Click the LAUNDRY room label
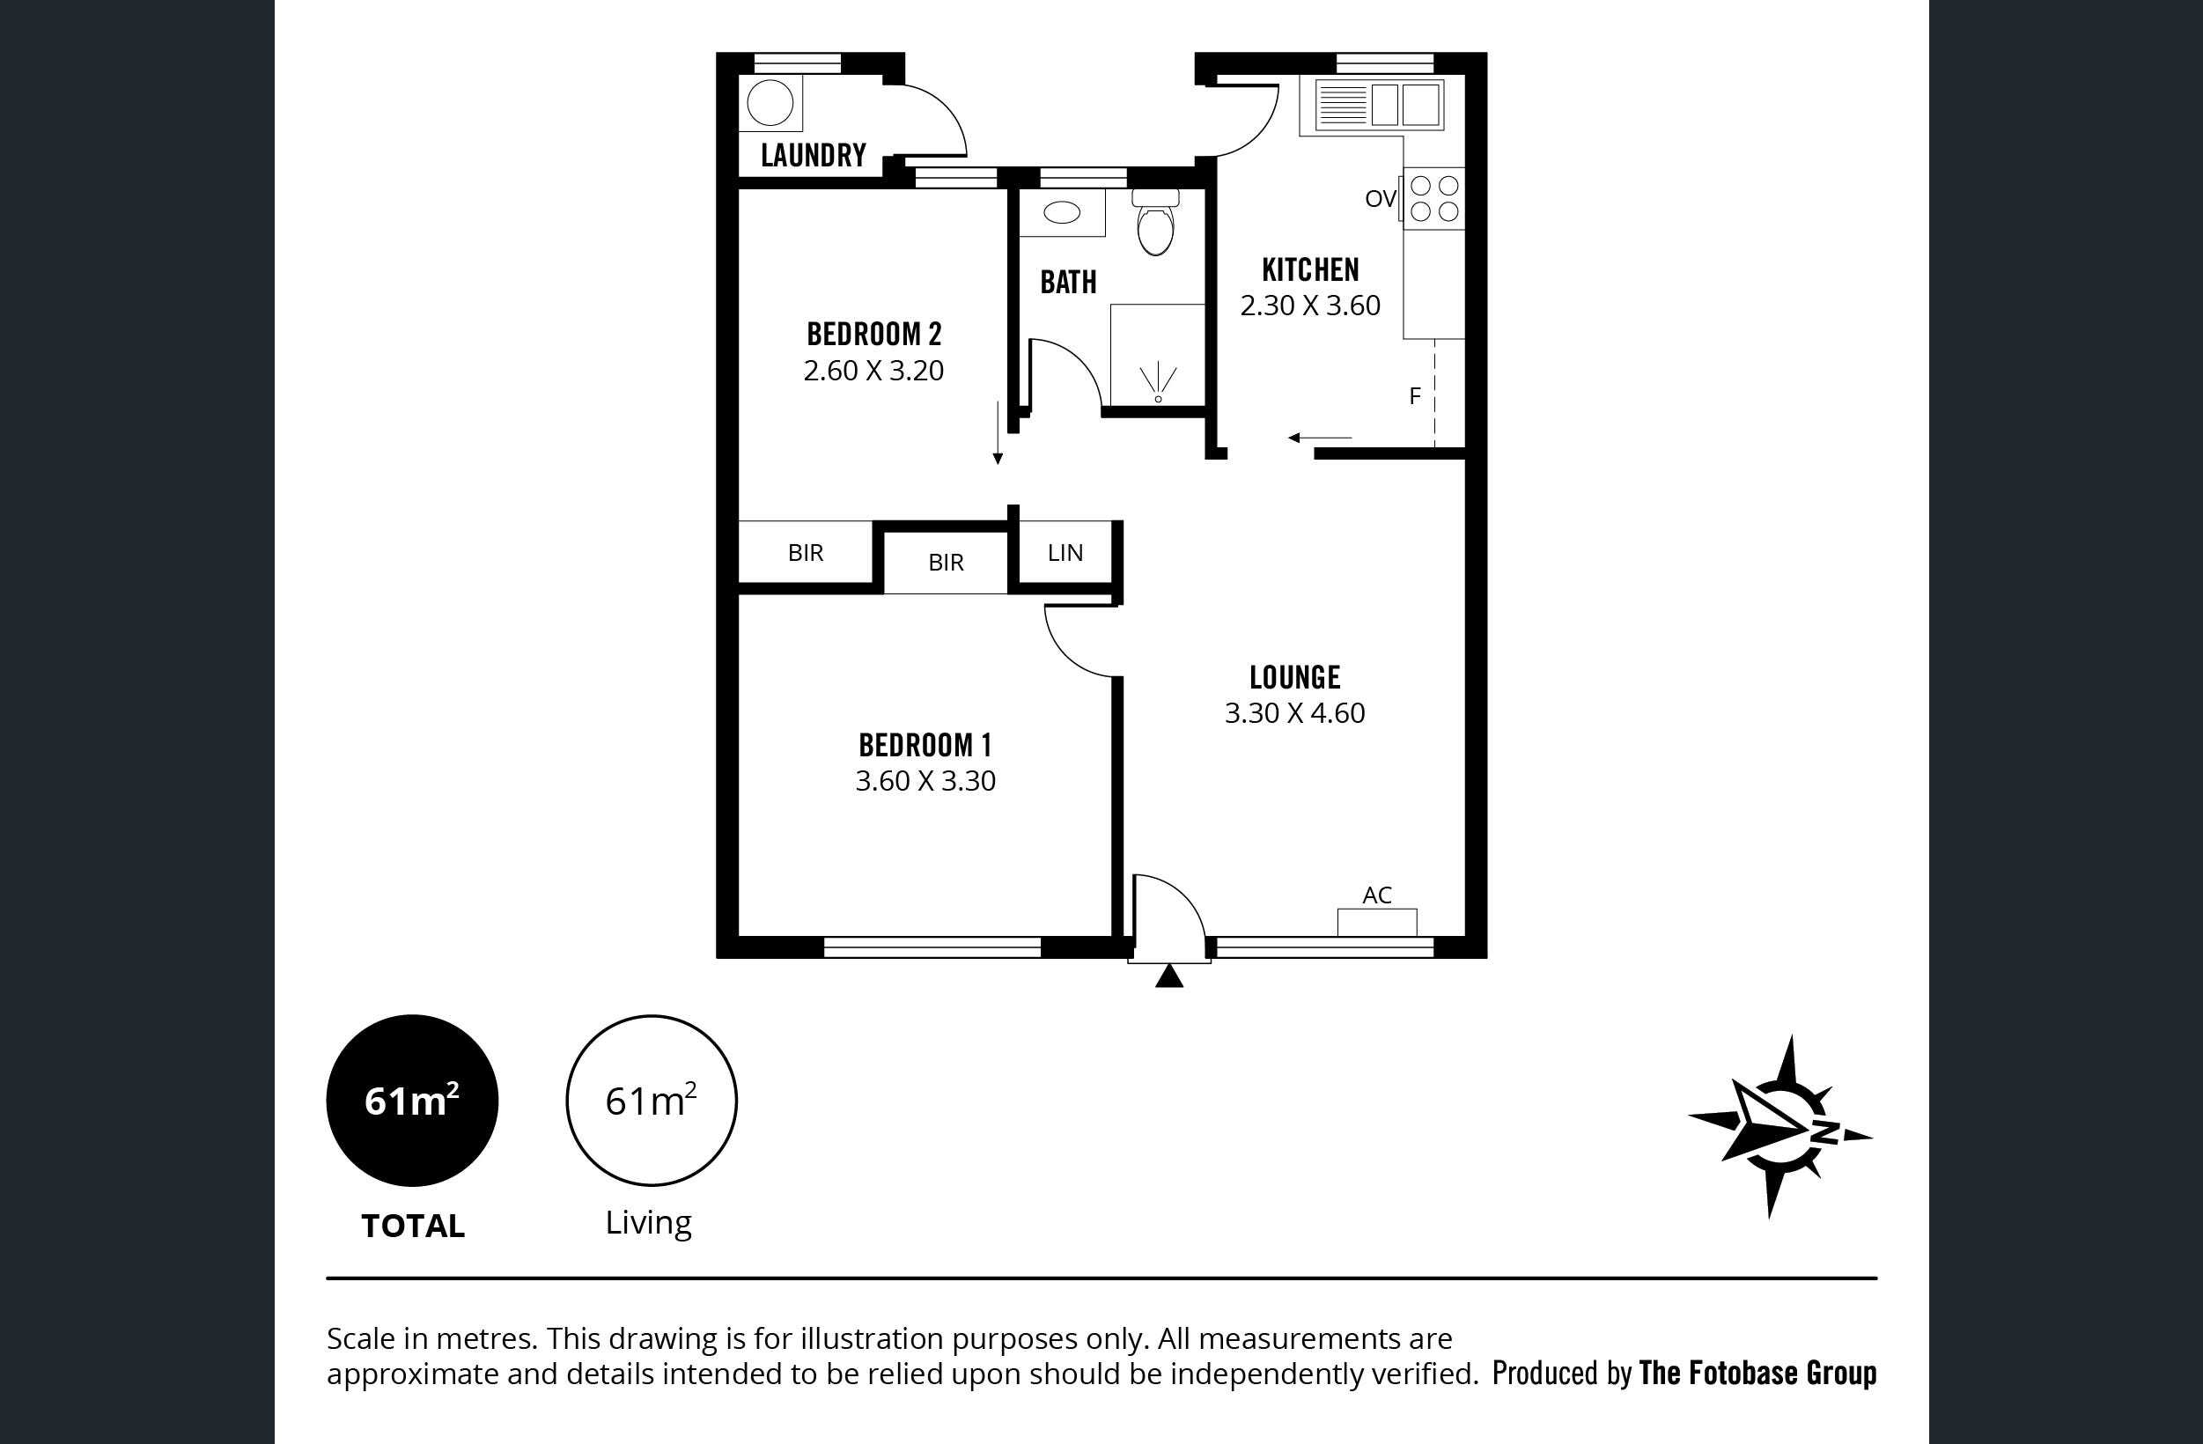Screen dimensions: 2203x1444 click(x=814, y=155)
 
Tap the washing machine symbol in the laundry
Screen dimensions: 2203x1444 click(x=770, y=102)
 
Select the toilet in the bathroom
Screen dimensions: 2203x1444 click(x=1155, y=222)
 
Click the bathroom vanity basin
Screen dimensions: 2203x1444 click(x=1062, y=213)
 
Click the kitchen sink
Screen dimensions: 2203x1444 click(x=1377, y=104)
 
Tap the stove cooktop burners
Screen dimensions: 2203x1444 click(x=1433, y=199)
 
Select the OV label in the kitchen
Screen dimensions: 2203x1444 click(x=1380, y=198)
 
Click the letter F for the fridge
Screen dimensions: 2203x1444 click(x=1414, y=396)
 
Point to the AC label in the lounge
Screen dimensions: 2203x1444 click(x=1377, y=895)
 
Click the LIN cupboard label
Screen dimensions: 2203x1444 click(x=1065, y=553)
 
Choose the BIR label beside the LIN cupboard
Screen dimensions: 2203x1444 click(x=946, y=562)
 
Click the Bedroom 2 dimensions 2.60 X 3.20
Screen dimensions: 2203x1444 click(x=873, y=371)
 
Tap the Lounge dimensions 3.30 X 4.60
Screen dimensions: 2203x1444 click(x=1295, y=712)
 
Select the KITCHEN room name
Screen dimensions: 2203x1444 click(x=1311, y=269)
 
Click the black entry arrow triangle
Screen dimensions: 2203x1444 click(x=1169, y=976)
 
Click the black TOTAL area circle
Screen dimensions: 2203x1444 click(x=412, y=1101)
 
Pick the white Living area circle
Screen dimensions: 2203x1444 click(x=652, y=1101)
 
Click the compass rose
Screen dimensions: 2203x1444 click(x=1780, y=1126)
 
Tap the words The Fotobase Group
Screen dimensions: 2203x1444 click(x=1757, y=1373)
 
